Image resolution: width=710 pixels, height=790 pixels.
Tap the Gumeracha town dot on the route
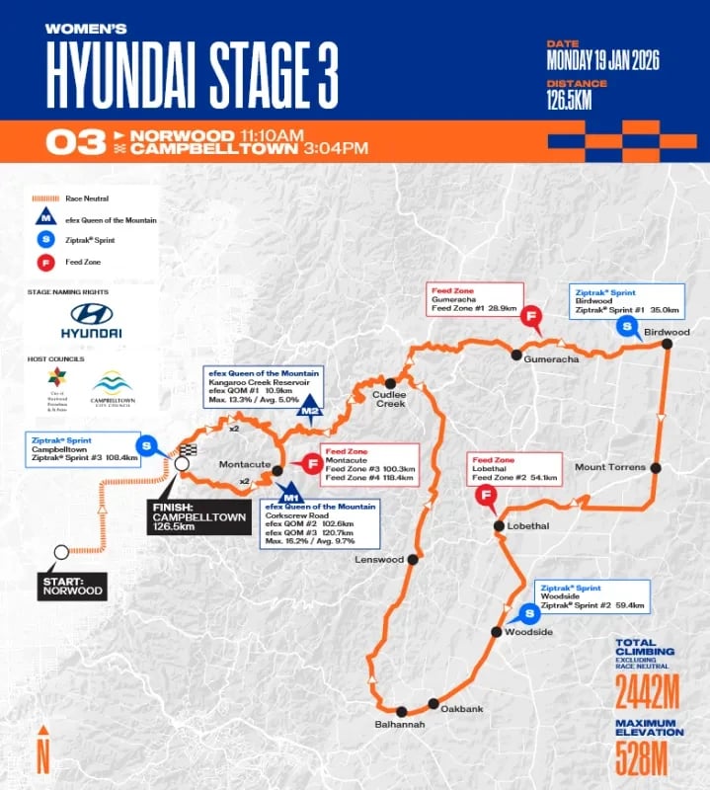[x=514, y=354]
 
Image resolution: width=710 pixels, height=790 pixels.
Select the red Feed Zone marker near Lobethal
[x=486, y=497]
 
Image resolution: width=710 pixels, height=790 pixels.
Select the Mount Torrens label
[x=609, y=467]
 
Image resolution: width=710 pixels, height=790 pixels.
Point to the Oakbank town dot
[x=433, y=704]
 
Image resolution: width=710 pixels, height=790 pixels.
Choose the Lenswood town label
[x=379, y=559]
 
